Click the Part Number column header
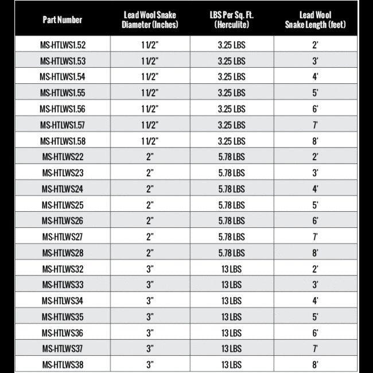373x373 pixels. (x=63, y=20)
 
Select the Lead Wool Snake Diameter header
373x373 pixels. (x=150, y=20)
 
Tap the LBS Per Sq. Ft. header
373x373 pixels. (x=231, y=20)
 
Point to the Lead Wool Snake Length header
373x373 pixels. (x=315, y=20)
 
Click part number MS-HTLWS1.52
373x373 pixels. (x=63, y=44)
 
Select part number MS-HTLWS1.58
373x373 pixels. (x=63, y=141)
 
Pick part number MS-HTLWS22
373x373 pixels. (x=63, y=157)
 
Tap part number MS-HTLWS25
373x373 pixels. (x=63, y=204)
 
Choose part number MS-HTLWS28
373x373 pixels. (x=63, y=252)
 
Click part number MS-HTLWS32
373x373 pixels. (x=63, y=269)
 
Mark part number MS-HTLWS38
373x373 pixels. (x=63, y=364)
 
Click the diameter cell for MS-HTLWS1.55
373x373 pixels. (x=150, y=92)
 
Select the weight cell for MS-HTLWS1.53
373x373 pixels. (x=231, y=60)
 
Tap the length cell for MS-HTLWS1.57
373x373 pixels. (x=315, y=125)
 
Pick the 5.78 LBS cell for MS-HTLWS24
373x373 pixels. (x=231, y=188)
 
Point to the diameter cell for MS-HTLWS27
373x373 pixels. (x=150, y=236)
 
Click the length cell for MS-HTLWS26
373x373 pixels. (x=315, y=220)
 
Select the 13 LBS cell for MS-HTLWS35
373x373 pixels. (x=231, y=316)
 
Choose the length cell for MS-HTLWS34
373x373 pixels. (x=315, y=300)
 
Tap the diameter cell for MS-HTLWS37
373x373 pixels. (x=150, y=348)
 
